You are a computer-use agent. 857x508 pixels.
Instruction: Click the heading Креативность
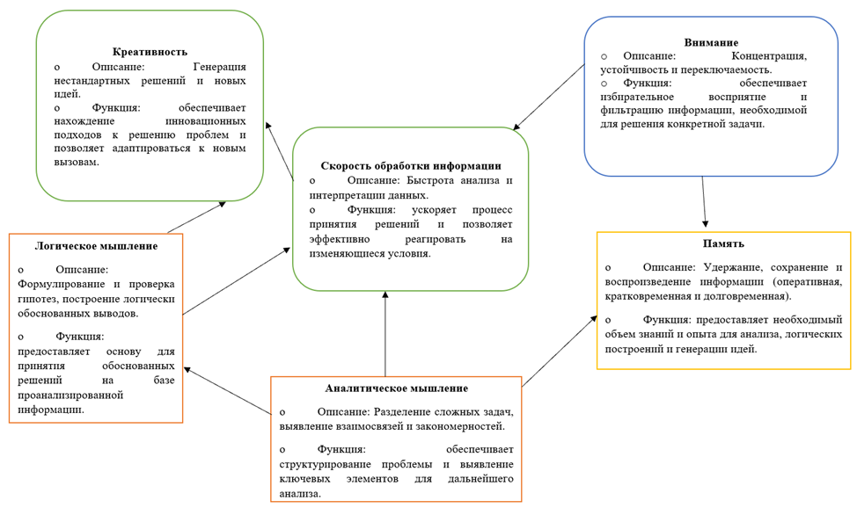[150, 52]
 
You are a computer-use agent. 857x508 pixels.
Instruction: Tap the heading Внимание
[711, 42]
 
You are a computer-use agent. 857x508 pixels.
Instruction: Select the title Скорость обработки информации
[411, 165]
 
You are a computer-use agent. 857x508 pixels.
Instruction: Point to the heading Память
[723, 243]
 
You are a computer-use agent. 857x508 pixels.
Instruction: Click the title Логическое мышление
[96, 246]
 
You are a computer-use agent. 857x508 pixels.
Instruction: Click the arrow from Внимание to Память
[704, 202]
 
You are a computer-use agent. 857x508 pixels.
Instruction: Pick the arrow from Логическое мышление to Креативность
[195, 217]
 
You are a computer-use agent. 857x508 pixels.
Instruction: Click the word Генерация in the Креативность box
[218, 67]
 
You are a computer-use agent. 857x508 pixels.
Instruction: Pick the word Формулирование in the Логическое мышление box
[56, 284]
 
